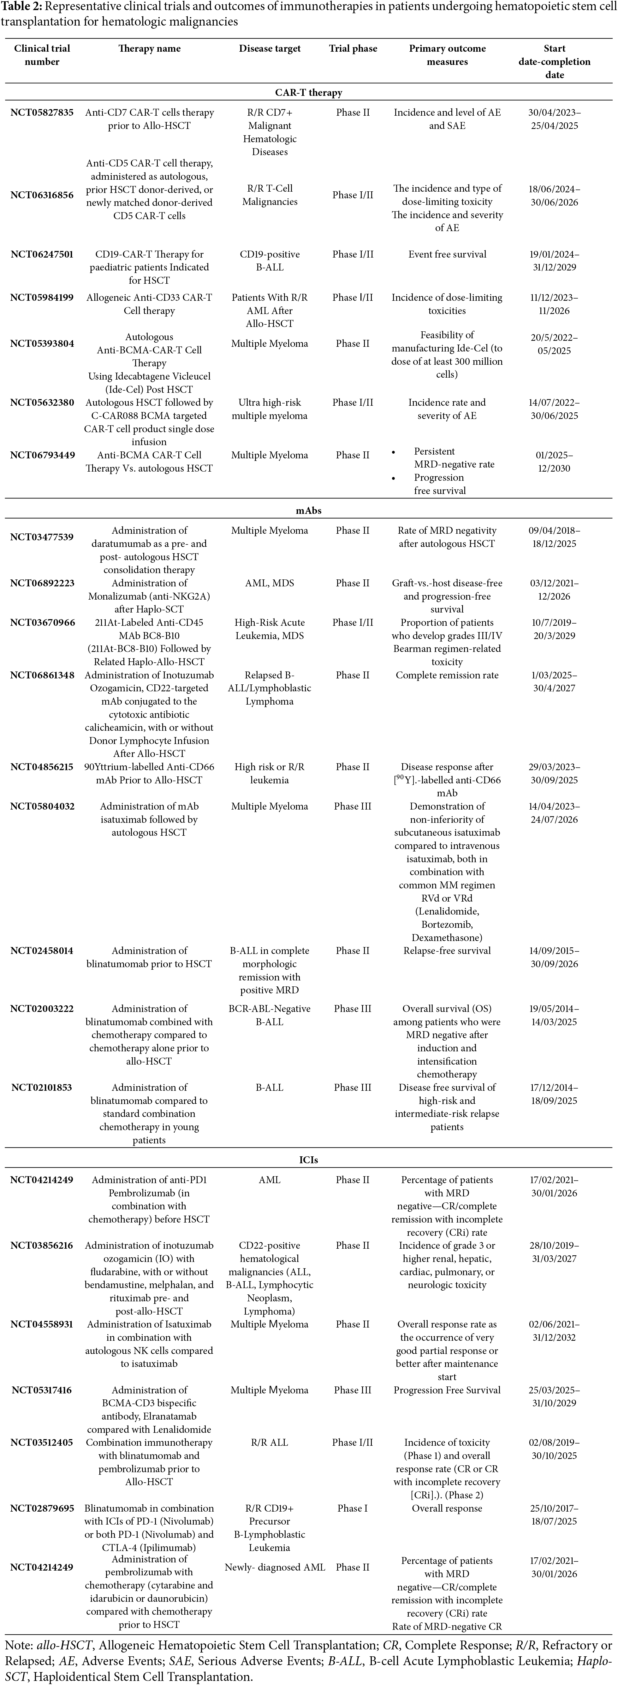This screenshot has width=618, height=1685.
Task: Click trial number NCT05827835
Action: click(x=42, y=113)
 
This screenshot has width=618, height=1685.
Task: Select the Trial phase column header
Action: click(x=353, y=49)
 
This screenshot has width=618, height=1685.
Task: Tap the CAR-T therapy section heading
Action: click(x=308, y=93)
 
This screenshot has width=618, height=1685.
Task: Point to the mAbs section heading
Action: click(x=308, y=511)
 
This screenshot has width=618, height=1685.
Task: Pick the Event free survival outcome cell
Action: click(x=447, y=254)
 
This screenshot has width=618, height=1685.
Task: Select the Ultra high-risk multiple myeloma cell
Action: click(x=270, y=409)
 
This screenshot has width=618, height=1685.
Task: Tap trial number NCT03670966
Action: click(x=42, y=623)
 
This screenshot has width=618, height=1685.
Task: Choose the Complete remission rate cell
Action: click(x=447, y=675)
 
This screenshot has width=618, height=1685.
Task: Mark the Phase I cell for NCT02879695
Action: click(x=353, y=1508)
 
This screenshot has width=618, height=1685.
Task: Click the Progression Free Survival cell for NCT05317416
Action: click(x=447, y=1390)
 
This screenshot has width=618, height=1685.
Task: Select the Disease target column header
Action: click(x=270, y=49)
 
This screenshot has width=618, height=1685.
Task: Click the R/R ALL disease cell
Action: click(x=270, y=1442)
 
